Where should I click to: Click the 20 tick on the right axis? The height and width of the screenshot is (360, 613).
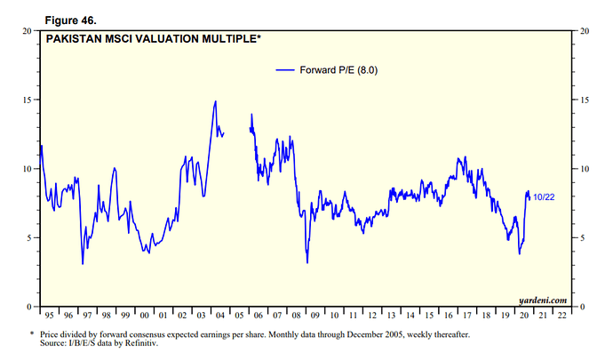pyautogui.click(x=584, y=31)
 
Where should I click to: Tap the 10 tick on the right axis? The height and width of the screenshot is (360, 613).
pyautogui.click(x=584, y=169)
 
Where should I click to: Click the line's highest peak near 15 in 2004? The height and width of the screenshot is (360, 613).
pyautogui.click(x=215, y=101)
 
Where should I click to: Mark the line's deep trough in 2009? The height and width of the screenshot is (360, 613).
pyautogui.click(x=307, y=262)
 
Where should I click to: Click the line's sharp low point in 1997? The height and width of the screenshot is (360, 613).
pyautogui.click(x=83, y=264)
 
